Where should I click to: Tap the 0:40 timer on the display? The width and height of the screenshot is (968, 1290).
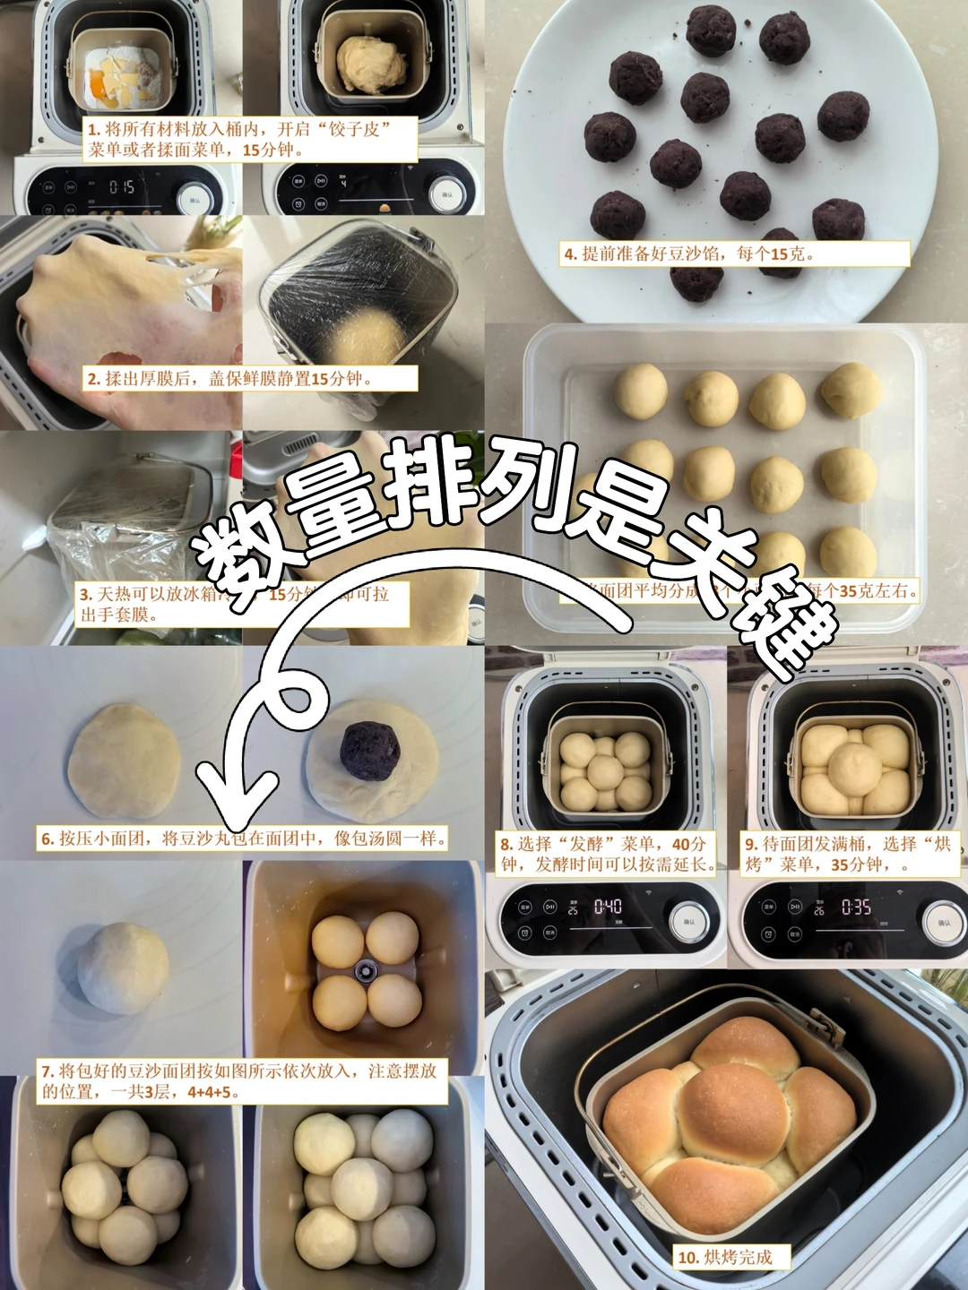point(608,907)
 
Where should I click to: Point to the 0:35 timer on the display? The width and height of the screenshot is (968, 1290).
point(855,907)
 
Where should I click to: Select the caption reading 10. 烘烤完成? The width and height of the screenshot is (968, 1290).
point(731,1257)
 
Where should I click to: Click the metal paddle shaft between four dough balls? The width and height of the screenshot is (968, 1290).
point(365,969)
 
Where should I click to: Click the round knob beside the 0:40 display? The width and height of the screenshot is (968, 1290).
point(689,921)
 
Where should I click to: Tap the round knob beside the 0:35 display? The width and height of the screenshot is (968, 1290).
point(943,923)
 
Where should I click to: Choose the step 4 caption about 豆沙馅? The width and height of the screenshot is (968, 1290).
point(688,254)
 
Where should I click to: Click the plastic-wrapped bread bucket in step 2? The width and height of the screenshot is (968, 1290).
point(359,296)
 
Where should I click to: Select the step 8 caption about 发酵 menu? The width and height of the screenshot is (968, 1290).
point(607,854)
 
